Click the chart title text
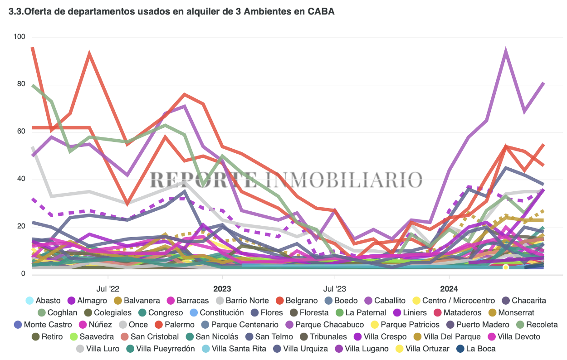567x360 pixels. [x=171, y=12]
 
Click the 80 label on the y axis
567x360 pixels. [x=21, y=84]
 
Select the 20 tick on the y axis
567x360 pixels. [x=21, y=226]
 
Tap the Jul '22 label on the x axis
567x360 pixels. [x=108, y=288]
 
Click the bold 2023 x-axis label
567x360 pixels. [x=222, y=288]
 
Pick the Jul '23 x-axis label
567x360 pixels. [x=334, y=288]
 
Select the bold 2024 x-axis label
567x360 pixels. [x=449, y=288]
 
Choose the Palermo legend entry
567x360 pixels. [x=175, y=325]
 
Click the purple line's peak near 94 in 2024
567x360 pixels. [x=505, y=51]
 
